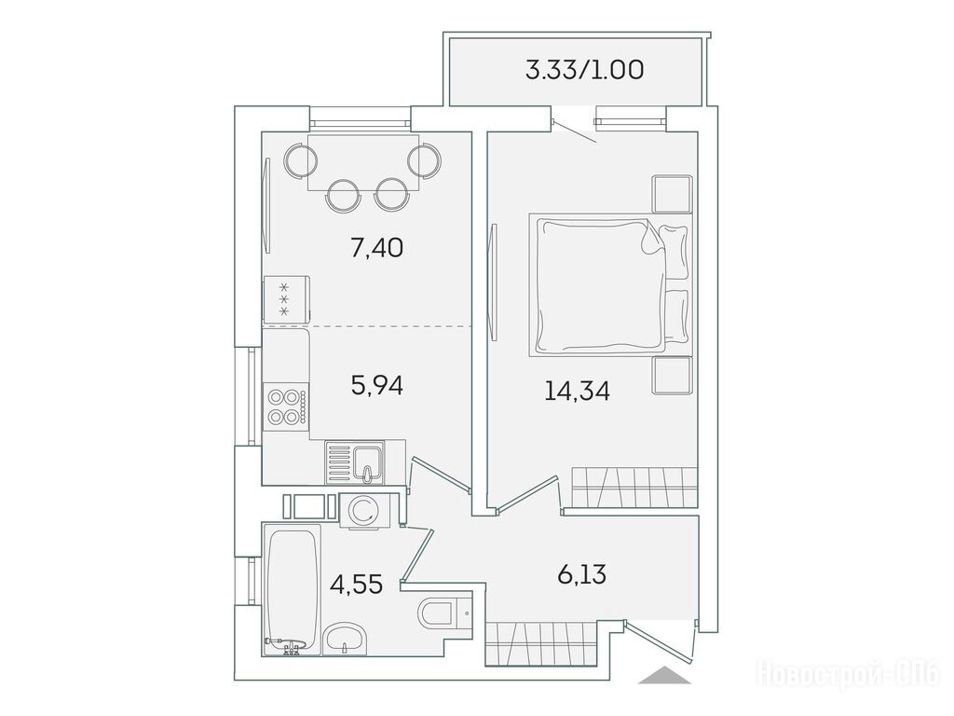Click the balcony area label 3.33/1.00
pyautogui.click(x=584, y=71)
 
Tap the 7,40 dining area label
pyautogui.click(x=376, y=248)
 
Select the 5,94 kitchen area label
pyautogui.click(x=377, y=385)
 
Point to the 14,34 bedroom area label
pyautogui.click(x=577, y=391)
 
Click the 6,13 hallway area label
pyautogui.click(x=581, y=573)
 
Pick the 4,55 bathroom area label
pyautogui.click(x=356, y=584)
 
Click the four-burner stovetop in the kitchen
pyautogui.click(x=286, y=406)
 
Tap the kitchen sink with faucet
pyautogui.click(x=356, y=463)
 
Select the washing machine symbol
pyautogui.click(x=362, y=510)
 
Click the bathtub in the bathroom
pyautogui.click(x=293, y=590)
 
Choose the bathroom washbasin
pyautogui.click(x=346, y=639)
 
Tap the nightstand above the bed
pyautogui.click(x=673, y=194)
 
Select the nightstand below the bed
pyautogui.click(x=673, y=375)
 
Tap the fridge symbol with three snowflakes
pyautogui.click(x=286, y=298)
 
